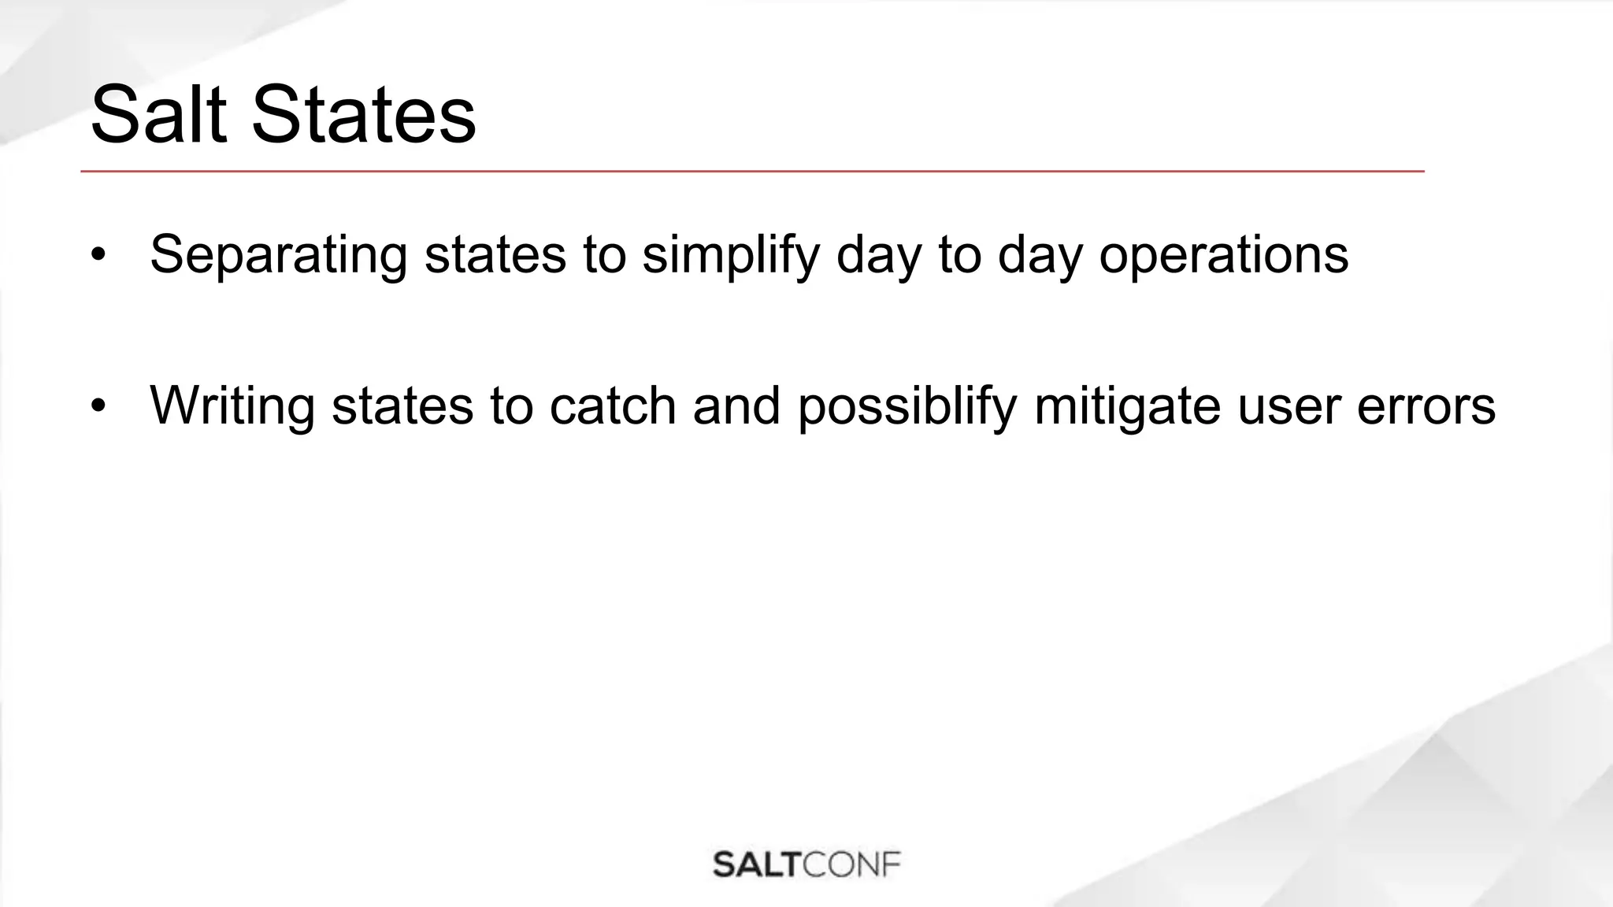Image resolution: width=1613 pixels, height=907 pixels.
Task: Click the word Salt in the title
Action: point(158,116)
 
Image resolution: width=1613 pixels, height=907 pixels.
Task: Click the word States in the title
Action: point(363,116)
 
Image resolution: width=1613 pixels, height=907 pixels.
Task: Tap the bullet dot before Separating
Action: point(98,255)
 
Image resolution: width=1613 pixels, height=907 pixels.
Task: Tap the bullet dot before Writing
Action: point(98,406)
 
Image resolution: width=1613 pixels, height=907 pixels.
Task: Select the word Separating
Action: point(278,255)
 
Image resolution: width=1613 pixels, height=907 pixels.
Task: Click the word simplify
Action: point(730,255)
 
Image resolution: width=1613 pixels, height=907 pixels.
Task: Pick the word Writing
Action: point(232,406)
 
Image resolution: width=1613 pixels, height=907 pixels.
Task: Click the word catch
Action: point(612,406)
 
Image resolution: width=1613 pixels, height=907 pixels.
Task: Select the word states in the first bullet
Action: point(495,255)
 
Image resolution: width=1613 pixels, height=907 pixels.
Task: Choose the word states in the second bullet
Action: point(402,406)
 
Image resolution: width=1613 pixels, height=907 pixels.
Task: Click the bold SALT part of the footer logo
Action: point(757,864)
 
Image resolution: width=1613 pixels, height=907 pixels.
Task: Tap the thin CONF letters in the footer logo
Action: point(851,864)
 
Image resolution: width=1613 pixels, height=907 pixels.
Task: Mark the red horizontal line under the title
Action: point(752,171)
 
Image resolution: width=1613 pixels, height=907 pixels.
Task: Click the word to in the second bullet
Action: point(511,406)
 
